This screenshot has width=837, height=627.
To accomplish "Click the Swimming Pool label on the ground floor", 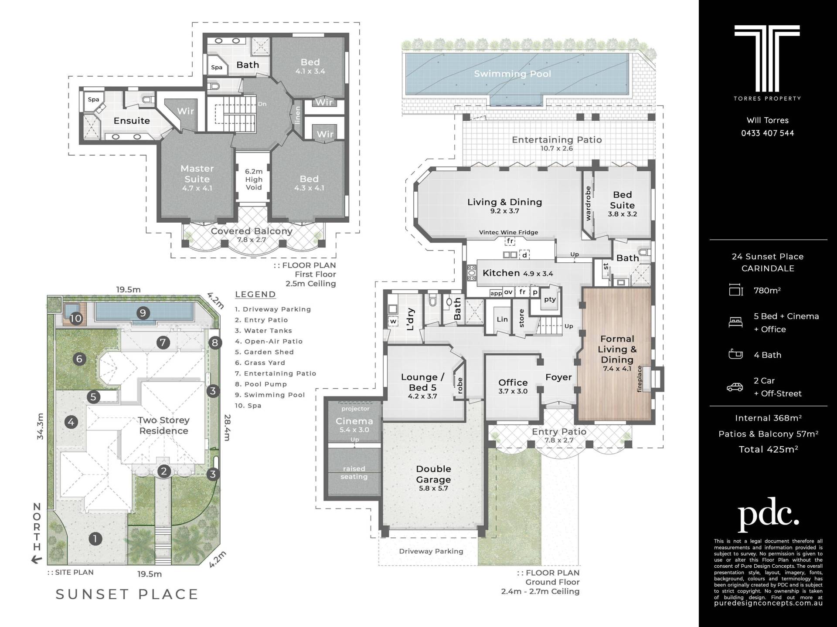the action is click(513, 74).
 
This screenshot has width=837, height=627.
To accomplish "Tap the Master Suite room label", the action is click(197, 174).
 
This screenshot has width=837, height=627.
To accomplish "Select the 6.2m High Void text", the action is click(254, 180).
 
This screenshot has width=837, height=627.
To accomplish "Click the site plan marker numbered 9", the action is click(143, 312).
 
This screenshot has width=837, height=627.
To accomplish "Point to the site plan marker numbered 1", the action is click(95, 539).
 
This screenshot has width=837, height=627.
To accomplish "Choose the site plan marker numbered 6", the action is click(79, 359).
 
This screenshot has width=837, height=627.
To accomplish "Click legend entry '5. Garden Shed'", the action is click(264, 352).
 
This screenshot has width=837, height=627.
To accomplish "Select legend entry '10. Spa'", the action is click(248, 406).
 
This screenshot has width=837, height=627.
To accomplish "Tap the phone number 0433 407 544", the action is click(768, 133).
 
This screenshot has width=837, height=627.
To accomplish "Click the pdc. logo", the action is click(768, 515).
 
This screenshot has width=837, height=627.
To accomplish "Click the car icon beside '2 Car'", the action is click(735, 387).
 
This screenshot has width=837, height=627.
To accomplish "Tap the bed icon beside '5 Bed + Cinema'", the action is click(735, 322).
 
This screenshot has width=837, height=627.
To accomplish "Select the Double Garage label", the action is click(433, 474).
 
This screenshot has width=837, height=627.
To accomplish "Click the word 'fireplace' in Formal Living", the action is click(640, 379).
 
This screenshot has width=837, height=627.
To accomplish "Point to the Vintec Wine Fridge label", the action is click(509, 233).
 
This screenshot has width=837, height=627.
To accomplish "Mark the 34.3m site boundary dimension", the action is click(40, 426).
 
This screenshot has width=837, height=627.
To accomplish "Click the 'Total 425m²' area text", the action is click(768, 450).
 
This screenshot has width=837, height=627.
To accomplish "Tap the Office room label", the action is click(513, 383).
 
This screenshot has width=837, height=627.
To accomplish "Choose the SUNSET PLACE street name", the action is click(127, 594).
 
